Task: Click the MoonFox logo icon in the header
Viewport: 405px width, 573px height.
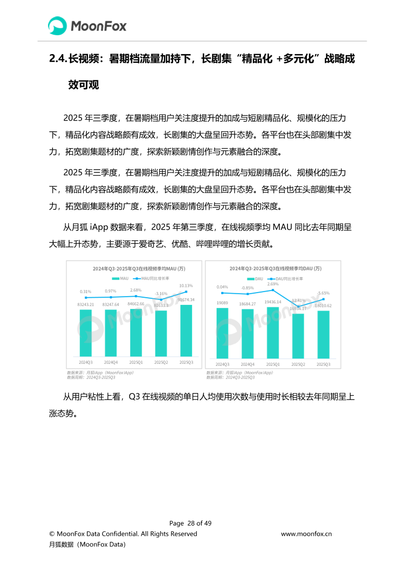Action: [58, 26]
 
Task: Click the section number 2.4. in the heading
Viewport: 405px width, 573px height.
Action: [57, 59]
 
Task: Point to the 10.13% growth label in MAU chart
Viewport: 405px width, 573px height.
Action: [186, 285]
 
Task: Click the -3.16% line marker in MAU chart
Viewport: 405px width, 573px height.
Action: [161, 300]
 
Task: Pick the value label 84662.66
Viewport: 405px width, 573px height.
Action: [135, 304]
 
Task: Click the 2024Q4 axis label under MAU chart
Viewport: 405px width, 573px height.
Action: [110, 362]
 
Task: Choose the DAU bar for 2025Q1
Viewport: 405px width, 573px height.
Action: [273, 332]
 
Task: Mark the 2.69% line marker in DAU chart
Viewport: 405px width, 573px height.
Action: [273, 290]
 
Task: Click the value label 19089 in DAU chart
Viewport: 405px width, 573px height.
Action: [222, 303]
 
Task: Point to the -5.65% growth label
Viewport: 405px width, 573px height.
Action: [323, 293]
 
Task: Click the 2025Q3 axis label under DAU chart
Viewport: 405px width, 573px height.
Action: [323, 365]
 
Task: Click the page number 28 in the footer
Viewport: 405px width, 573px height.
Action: [192, 523]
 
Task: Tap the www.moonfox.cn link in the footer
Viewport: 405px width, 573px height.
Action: [306, 534]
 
